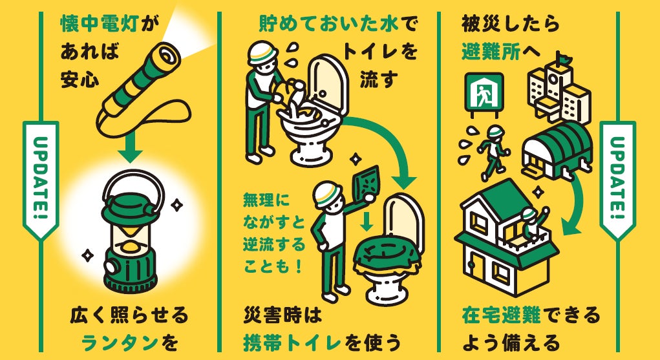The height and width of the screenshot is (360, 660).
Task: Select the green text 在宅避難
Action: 497,317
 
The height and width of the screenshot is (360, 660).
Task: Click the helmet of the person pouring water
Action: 263,52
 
